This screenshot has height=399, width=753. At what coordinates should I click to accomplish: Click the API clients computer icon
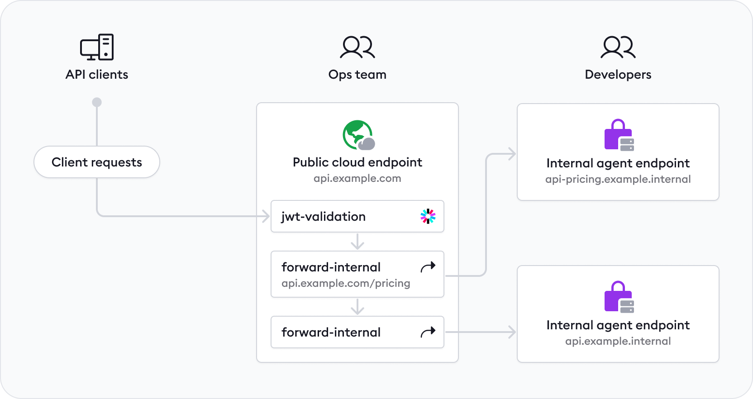tap(97, 47)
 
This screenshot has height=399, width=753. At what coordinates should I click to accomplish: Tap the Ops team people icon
tap(357, 47)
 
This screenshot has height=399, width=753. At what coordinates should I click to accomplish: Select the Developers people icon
tap(618, 47)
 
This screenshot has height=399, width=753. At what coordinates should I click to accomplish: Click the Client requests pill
tap(97, 162)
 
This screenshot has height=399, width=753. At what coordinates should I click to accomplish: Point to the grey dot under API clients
tap(97, 102)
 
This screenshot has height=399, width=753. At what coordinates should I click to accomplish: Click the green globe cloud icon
tap(358, 135)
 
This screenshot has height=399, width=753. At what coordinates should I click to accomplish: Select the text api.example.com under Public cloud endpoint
tap(357, 178)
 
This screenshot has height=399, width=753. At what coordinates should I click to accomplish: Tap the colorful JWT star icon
tap(428, 216)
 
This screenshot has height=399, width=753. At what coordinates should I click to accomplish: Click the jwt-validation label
tap(324, 216)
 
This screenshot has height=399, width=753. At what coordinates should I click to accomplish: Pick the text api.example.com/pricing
tap(346, 283)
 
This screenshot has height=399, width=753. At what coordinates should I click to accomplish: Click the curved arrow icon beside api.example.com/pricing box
tap(428, 267)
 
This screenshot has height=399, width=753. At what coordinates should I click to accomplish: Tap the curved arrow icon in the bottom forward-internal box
tap(428, 332)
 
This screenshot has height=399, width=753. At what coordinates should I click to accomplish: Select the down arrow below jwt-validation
tap(357, 242)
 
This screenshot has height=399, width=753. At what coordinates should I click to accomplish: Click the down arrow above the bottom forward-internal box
tap(357, 307)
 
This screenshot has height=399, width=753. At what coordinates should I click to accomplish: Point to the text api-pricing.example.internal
tap(618, 179)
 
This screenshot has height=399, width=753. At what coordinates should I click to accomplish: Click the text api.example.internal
tap(618, 341)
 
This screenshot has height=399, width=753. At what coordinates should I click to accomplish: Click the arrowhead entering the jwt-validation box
tap(266, 216)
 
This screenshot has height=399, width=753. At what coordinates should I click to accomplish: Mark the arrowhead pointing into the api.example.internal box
tap(512, 332)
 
